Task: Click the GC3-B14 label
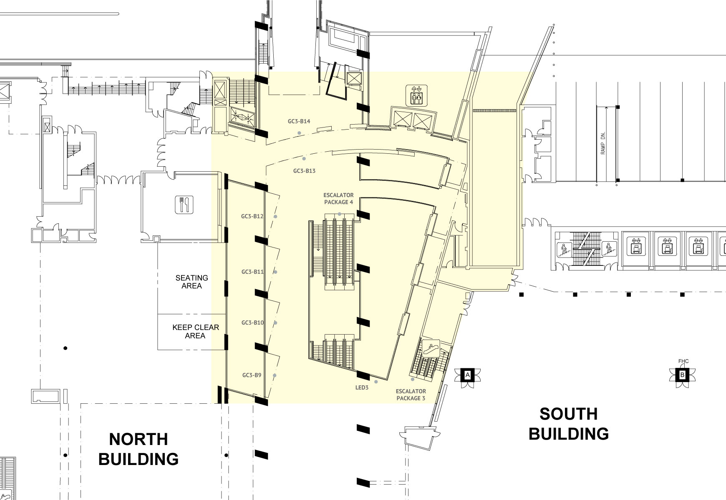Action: coord(299,122)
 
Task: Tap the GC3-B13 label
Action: coord(304,171)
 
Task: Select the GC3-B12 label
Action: coord(252,216)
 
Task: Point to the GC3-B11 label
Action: coord(252,272)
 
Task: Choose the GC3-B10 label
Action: coord(252,322)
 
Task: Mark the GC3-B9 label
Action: coord(252,375)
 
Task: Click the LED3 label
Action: coord(362,387)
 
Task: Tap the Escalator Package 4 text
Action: coord(338,198)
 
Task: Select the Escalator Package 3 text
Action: coord(411,395)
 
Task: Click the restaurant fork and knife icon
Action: coord(184,204)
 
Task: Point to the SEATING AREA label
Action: coord(192,282)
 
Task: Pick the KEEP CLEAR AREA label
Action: coord(195,331)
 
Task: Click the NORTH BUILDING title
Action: coord(139,449)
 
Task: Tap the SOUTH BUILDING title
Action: coord(569,424)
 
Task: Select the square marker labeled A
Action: coord(468,375)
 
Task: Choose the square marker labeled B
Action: coord(682,375)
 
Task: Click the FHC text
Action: coord(683,361)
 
